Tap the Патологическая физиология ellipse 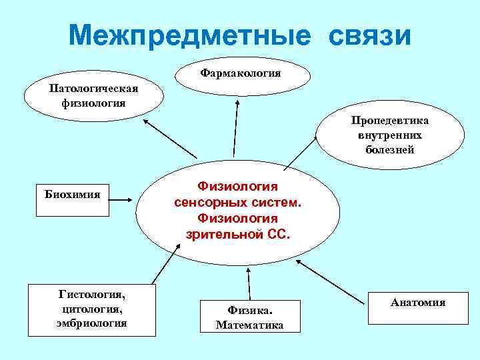94,96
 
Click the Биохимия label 73,195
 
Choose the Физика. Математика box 250,316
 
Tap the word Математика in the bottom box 250,325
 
